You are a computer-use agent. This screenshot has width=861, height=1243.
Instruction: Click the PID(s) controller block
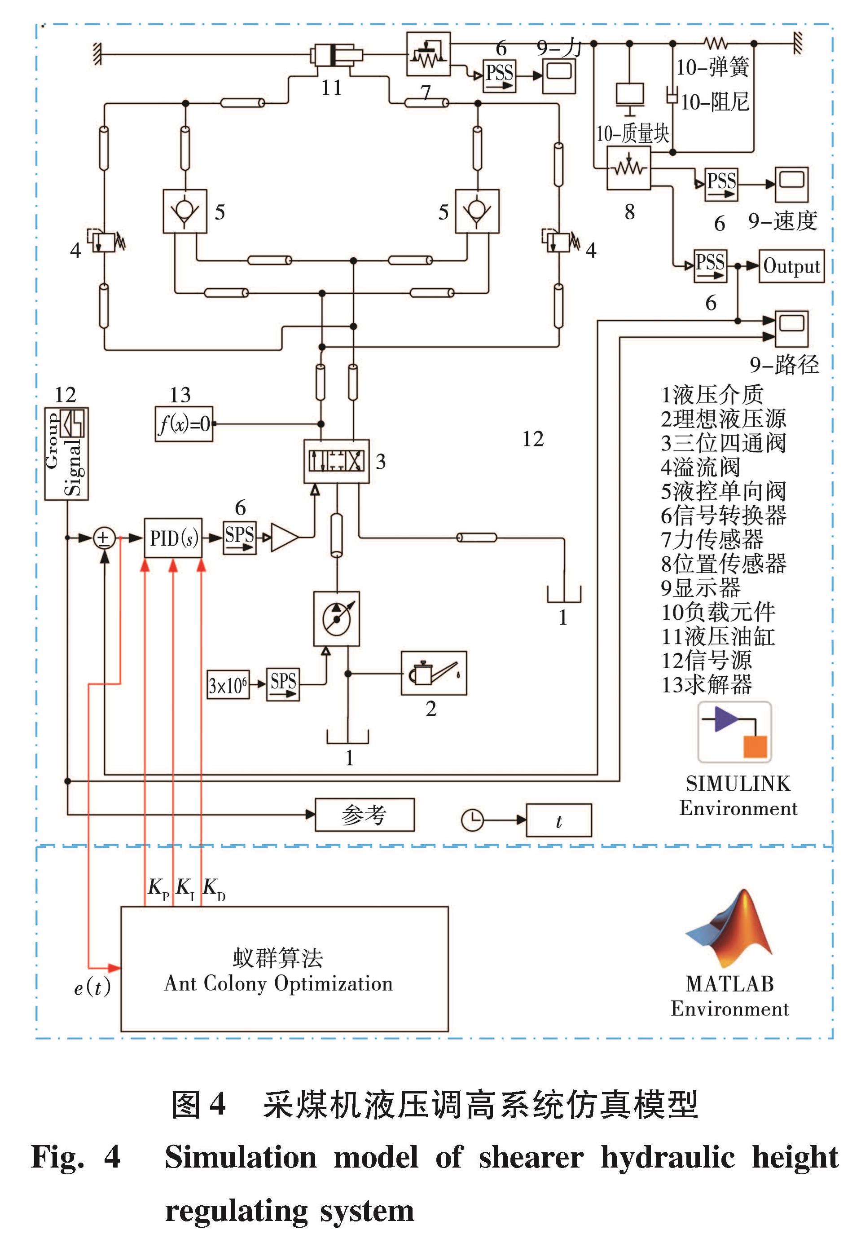[173, 538]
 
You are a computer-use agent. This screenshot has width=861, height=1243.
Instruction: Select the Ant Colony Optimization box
[284, 969]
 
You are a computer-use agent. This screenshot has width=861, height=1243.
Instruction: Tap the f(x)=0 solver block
[184, 424]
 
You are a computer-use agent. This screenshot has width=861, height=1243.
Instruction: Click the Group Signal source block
[66, 454]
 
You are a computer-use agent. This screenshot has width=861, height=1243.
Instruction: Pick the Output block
[791, 266]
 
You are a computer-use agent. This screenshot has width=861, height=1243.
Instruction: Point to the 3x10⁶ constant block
[228, 685]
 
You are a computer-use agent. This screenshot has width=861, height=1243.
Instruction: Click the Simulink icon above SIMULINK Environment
[735, 731]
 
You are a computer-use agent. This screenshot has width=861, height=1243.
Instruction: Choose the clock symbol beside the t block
[473, 820]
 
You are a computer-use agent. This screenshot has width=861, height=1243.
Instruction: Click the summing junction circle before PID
[104, 538]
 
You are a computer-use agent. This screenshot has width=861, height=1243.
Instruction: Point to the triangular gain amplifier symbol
[284, 538]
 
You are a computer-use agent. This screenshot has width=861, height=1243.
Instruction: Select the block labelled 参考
[365, 815]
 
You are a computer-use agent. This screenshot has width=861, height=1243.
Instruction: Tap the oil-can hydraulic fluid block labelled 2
[434, 673]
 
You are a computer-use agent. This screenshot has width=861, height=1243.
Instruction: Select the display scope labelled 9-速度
[792, 185]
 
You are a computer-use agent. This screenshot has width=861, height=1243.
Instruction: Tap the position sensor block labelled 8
[629, 168]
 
